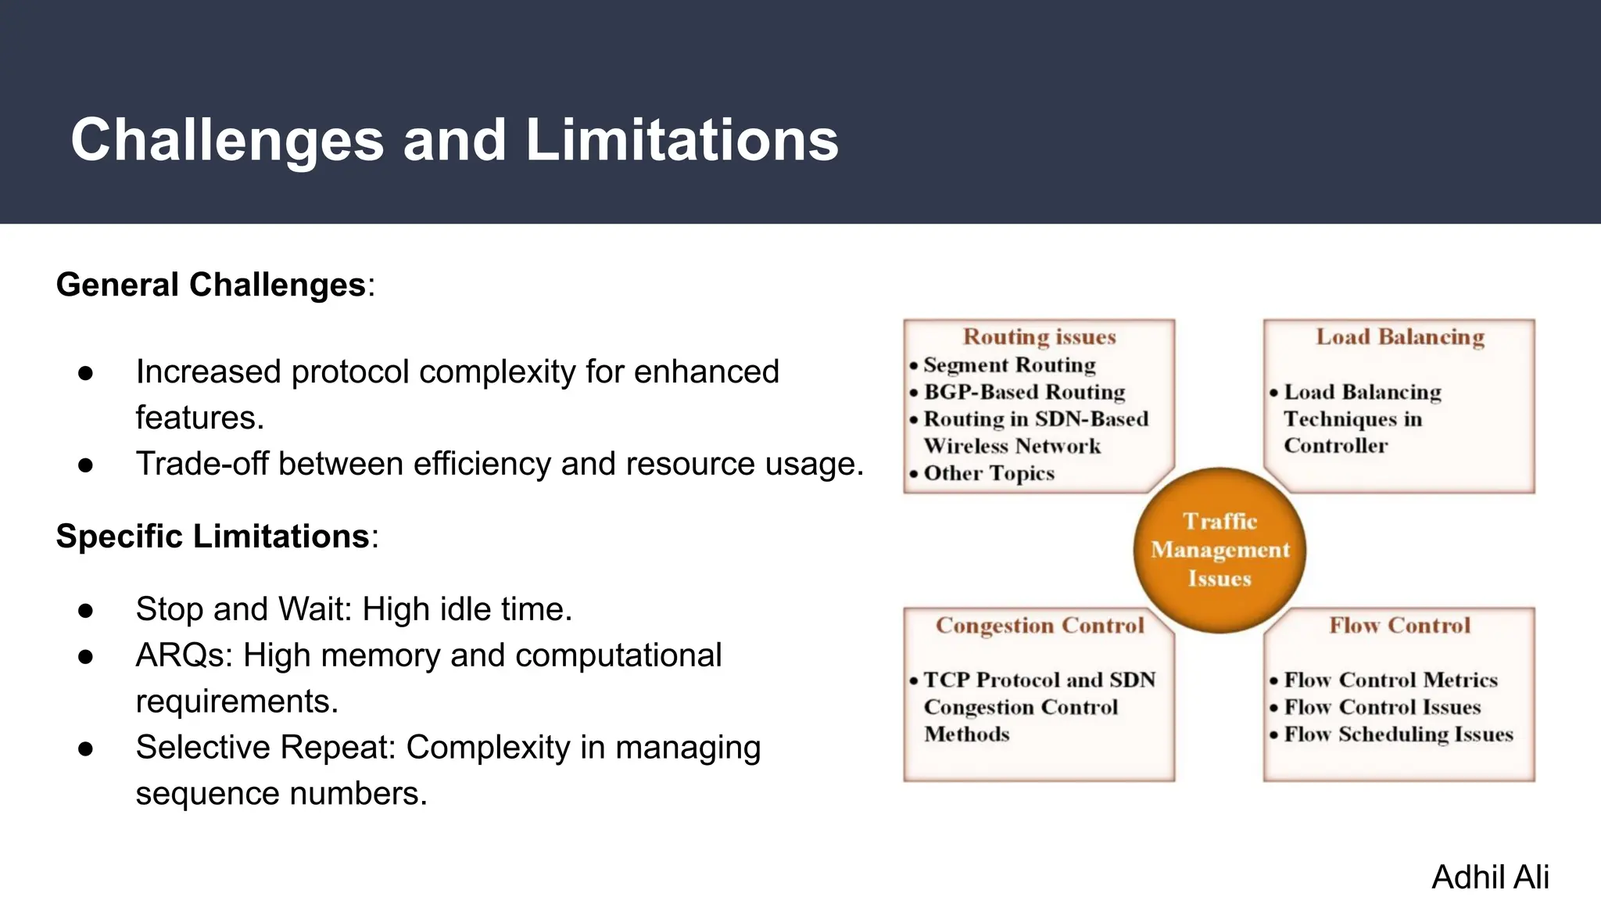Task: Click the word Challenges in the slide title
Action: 227,141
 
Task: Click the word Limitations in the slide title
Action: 682,141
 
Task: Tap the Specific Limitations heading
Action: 213,537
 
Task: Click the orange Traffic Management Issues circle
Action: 1220,550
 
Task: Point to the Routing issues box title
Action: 1039,337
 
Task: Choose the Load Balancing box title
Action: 1399,337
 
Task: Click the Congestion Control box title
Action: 1040,626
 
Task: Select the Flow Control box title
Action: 1399,626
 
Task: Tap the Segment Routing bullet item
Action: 1009,365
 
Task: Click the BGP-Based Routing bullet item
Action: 1024,392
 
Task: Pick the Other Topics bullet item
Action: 989,474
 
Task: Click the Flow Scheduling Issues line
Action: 1398,734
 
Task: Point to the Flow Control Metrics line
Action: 1390,680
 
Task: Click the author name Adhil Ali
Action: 1490,878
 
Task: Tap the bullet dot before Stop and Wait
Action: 86,611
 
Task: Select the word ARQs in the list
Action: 184,655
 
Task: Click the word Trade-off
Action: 203,465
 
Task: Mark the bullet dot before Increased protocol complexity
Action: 86,373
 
